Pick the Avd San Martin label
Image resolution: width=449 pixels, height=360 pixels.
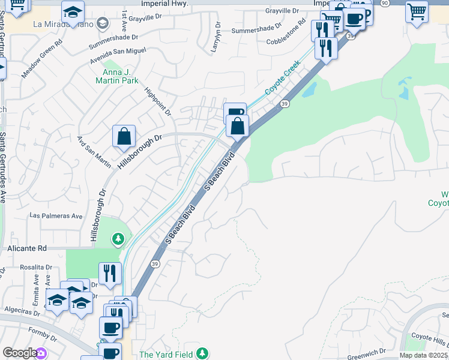(94, 151)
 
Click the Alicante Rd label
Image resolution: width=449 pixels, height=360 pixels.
(26, 248)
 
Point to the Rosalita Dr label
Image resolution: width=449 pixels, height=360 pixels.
(36, 267)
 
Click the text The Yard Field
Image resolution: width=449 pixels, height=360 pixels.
(167, 355)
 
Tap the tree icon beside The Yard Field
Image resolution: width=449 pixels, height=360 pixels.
(203, 353)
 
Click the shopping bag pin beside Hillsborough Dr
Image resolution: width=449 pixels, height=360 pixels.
(124, 136)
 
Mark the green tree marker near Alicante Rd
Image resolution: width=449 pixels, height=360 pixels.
(118, 239)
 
